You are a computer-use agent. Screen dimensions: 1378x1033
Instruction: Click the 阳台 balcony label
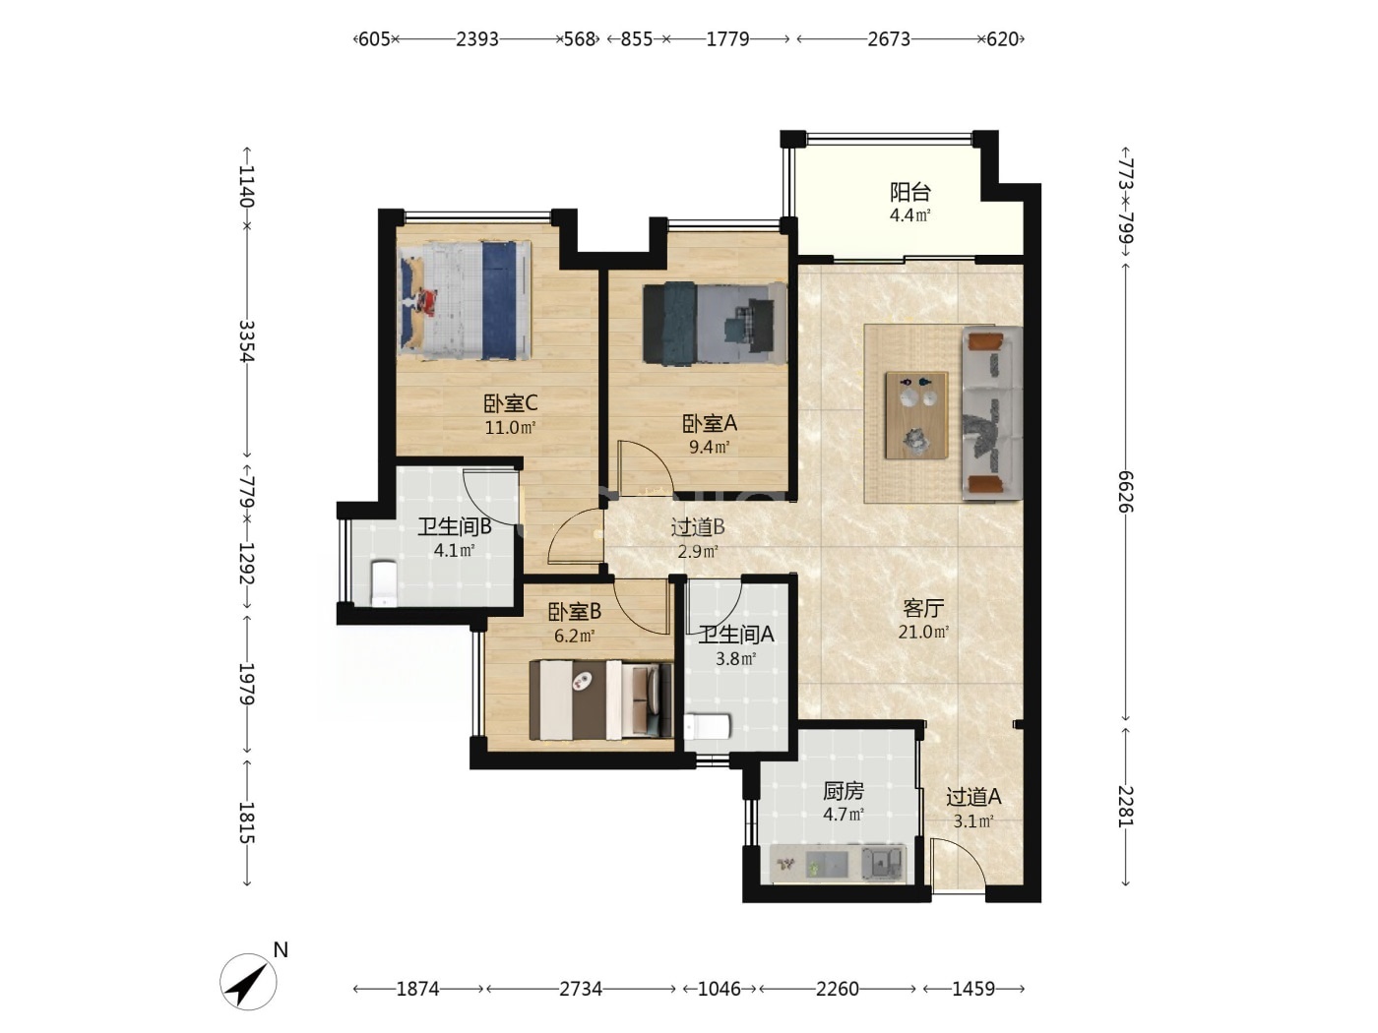pyautogui.click(x=909, y=191)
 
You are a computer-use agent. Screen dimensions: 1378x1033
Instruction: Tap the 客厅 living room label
pyautogui.click(x=923, y=608)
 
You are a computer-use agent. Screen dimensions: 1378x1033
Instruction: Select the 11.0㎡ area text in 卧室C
pyautogui.click(x=510, y=428)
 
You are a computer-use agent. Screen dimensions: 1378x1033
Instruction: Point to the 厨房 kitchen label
pyautogui.click(x=844, y=791)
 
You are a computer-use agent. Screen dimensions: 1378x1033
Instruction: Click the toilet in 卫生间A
pyautogui.click(x=707, y=727)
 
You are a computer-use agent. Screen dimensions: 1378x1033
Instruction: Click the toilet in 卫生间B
pyautogui.click(x=383, y=583)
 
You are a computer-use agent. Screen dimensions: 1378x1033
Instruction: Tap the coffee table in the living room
pyautogui.click(x=916, y=415)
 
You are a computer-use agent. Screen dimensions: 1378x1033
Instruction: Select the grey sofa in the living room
pyautogui.click(x=992, y=412)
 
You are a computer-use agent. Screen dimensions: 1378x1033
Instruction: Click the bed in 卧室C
pyautogui.click(x=465, y=300)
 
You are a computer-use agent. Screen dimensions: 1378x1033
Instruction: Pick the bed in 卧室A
pyautogui.click(x=715, y=323)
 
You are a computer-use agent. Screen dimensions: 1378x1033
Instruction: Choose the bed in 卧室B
pyautogui.click(x=600, y=699)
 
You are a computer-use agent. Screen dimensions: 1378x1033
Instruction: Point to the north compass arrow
pyautogui.click(x=248, y=982)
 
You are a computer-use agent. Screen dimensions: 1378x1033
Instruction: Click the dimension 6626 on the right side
pyautogui.click(x=1125, y=491)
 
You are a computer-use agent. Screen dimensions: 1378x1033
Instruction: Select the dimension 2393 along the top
pyautogui.click(x=477, y=39)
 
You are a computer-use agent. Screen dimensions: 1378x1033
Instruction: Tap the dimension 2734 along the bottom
pyautogui.click(x=581, y=989)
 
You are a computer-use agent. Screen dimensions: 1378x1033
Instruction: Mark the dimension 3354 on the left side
pyautogui.click(x=247, y=341)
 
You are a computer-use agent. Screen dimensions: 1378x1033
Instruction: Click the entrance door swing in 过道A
pyautogui.click(x=958, y=865)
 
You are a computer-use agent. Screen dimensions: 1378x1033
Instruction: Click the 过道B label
pyautogui.click(x=698, y=527)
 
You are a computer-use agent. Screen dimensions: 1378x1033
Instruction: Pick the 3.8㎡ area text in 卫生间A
pyautogui.click(x=736, y=659)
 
